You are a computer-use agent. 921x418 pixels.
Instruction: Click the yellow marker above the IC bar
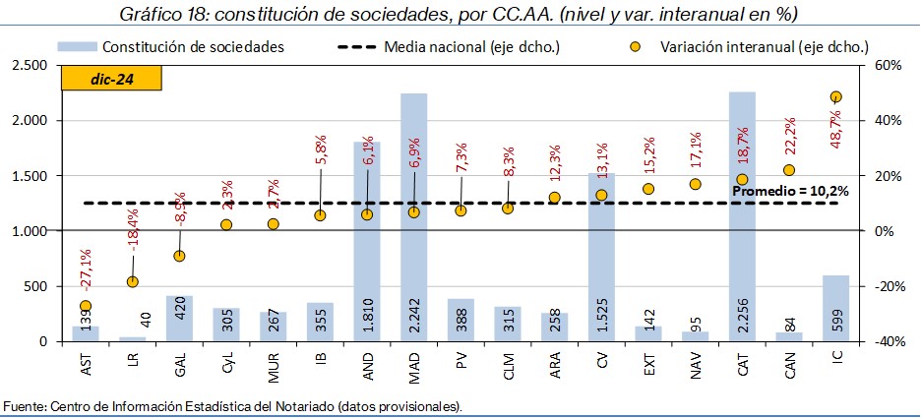click(x=835, y=96)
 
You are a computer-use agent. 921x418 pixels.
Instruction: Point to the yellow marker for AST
click(x=86, y=306)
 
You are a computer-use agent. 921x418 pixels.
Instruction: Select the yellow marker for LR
click(x=132, y=281)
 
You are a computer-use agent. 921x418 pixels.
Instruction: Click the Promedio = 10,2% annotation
click(x=790, y=190)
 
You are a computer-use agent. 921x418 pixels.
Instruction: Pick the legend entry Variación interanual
click(x=756, y=47)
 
